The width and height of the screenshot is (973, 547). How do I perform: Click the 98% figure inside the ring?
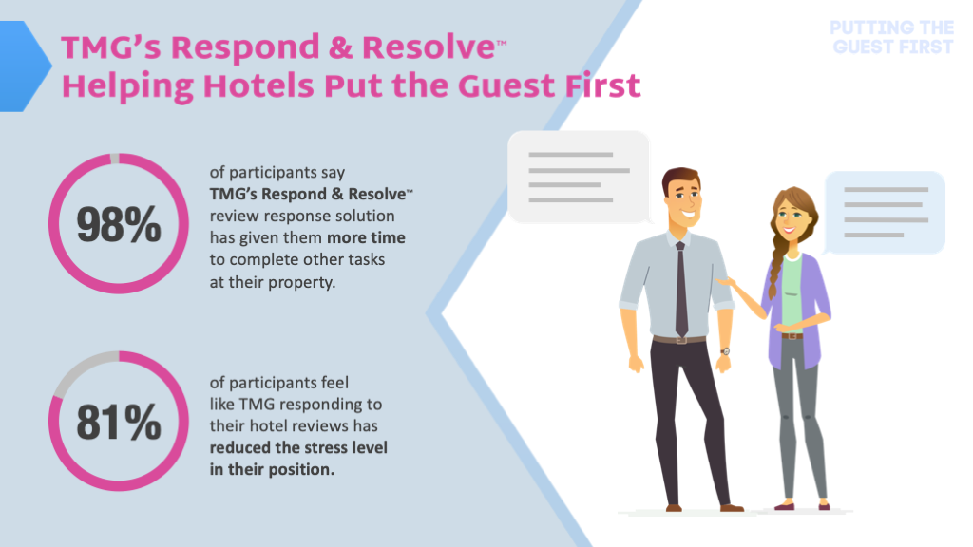tap(119, 224)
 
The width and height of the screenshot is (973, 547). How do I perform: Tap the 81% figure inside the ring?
tap(119, 423)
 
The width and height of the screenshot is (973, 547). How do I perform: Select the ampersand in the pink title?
tap(340, 47)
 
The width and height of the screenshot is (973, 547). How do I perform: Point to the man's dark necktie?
tap(680, 289)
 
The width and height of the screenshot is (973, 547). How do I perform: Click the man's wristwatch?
tap(725, 351)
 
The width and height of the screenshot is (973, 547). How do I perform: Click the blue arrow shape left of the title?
tap(25, 66)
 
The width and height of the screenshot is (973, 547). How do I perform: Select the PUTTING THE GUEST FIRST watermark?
tap(892, 37)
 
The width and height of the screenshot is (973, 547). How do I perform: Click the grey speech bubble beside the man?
tap(579, 177)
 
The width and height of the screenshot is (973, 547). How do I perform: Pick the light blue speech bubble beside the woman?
tap(885, 213)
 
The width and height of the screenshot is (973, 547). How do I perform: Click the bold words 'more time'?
tap(366, 237)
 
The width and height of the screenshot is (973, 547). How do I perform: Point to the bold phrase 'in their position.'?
tap(272, 469)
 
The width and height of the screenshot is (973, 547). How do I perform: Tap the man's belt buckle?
tap(681, 340)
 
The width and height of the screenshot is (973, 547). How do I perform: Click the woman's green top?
tap(792, 291)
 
